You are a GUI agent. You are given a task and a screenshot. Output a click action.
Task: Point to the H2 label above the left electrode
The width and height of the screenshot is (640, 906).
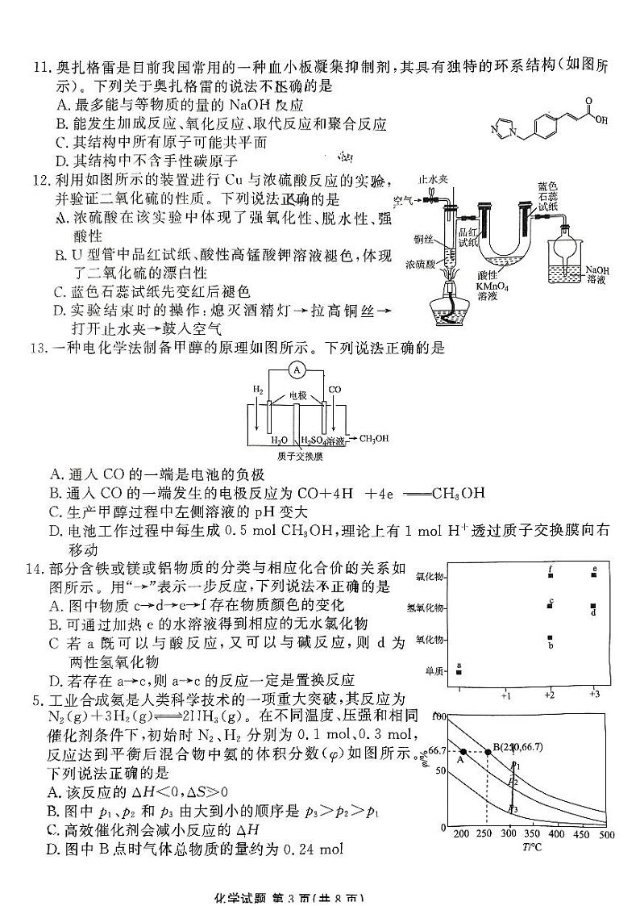258,390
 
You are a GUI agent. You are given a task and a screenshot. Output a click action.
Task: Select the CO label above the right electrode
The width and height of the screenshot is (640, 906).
335,390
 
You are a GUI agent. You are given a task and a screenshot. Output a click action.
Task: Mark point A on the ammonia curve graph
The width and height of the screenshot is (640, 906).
463,752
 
